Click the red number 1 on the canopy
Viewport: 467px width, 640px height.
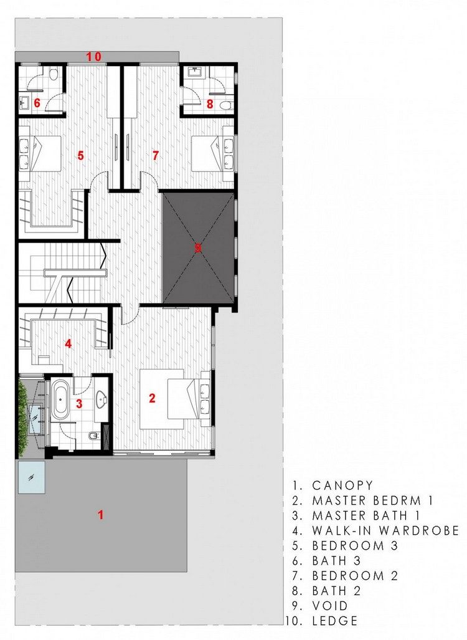click(100, 515)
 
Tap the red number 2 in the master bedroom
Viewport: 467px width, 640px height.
click(152, 398)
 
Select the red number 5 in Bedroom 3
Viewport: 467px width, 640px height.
click(80, 156)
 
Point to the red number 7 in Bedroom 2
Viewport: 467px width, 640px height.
click(155, 156)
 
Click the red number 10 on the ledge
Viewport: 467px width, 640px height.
click(93, 56)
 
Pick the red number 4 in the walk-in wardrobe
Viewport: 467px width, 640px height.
click(68, 343)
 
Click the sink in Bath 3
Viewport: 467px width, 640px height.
click(24, 102)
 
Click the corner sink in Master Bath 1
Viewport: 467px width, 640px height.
click(101, 399)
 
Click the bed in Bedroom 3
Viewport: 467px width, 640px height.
click(40, 154)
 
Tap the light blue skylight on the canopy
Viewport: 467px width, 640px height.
click(31, 477)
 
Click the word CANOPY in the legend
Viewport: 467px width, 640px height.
click(342, 485)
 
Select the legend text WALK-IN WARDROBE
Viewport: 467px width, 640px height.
click(386, 530)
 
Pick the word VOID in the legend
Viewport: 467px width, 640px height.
click(330, 606)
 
